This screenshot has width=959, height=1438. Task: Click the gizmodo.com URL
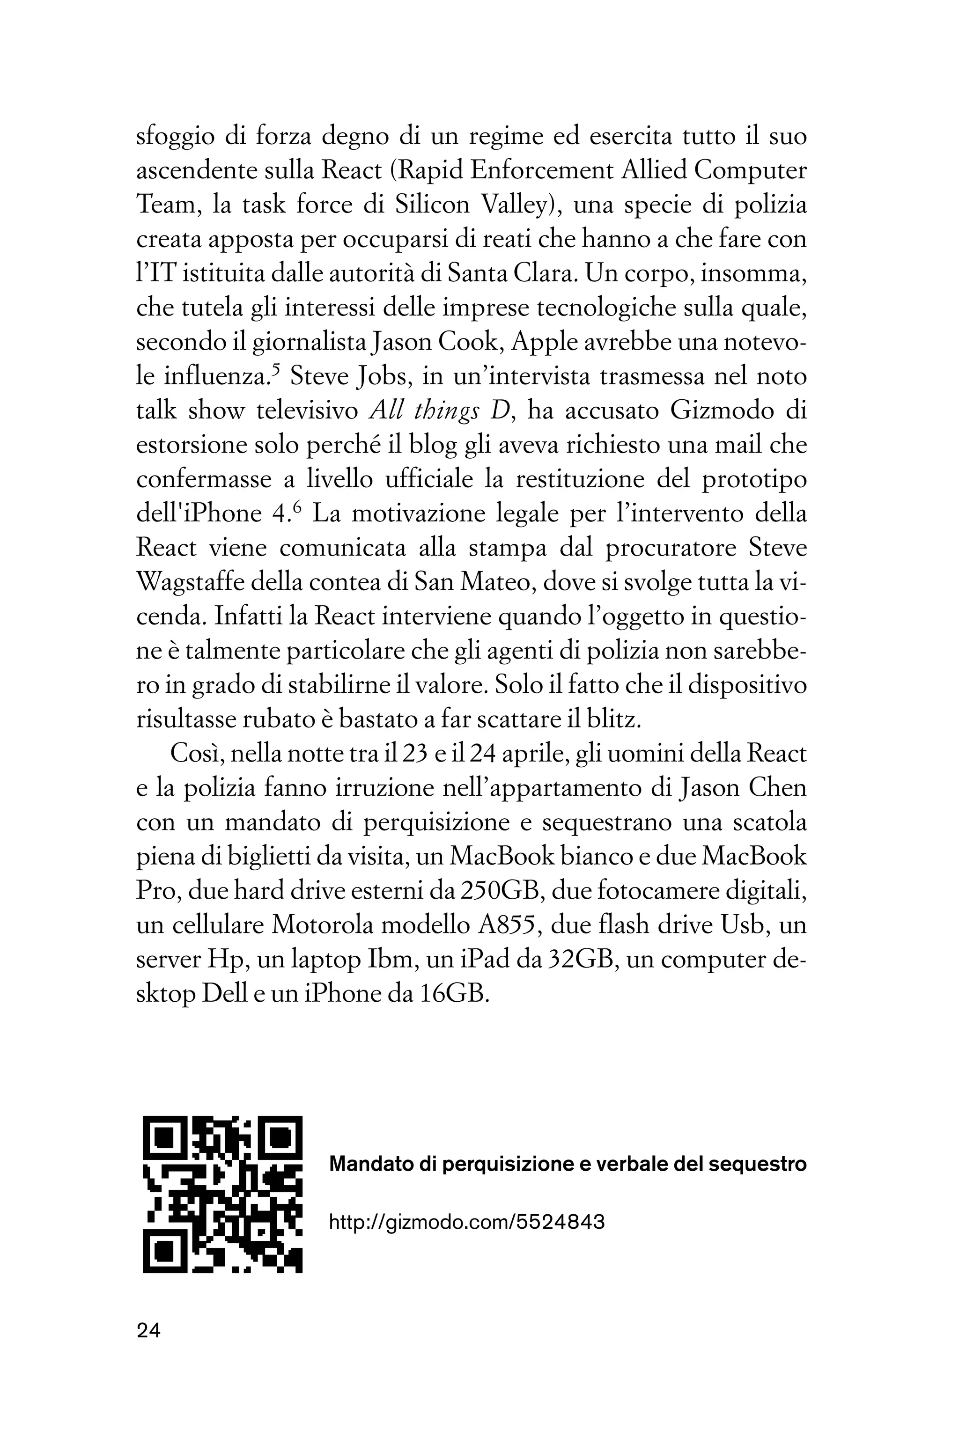point(467,1222)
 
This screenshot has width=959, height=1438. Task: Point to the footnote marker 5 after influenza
point(275,369)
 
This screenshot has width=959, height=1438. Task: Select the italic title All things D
point(440,411)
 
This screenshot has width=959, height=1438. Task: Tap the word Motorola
point(316,925)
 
